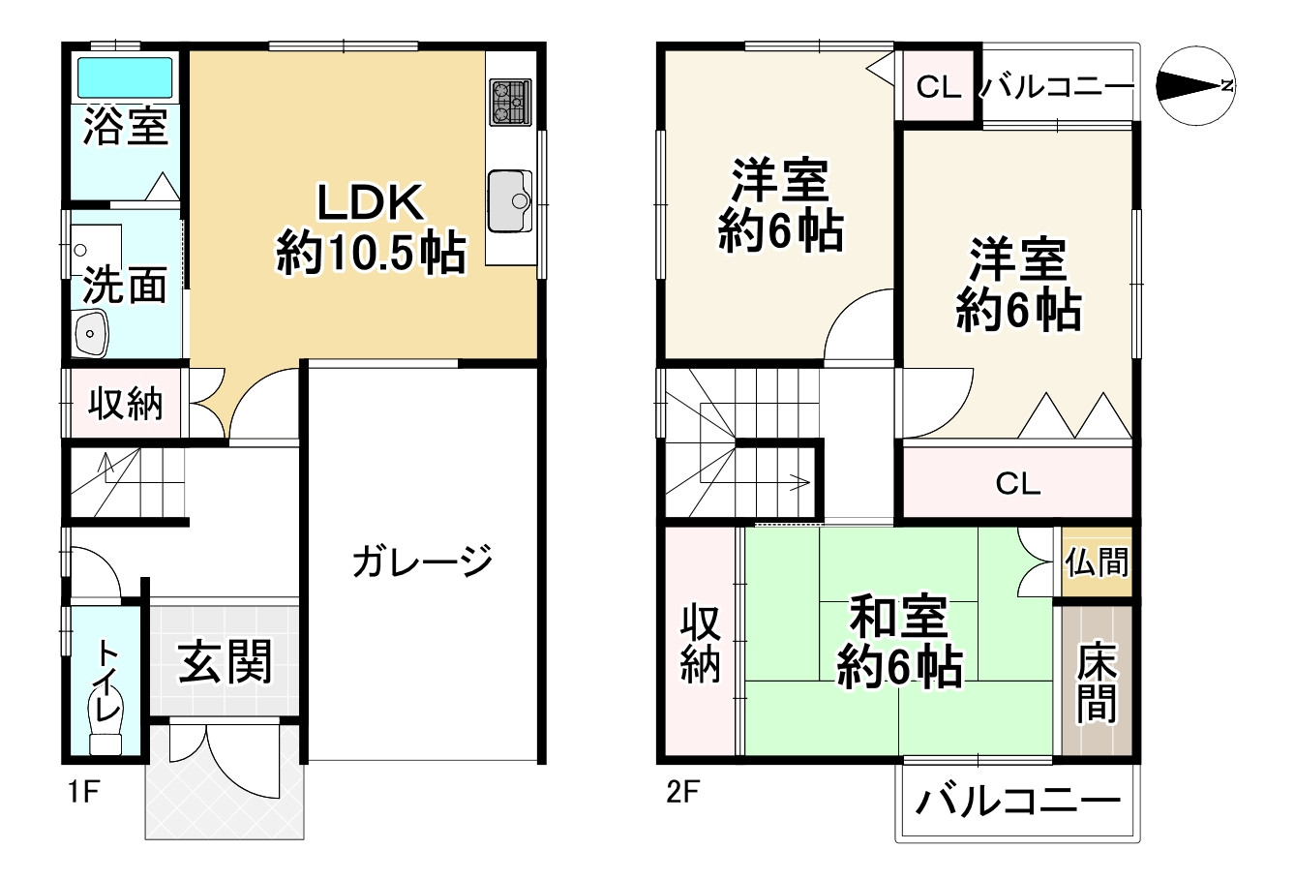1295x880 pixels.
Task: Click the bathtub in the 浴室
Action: (x=124, y=76)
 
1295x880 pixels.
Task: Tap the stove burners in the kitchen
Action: (x=509, y=101)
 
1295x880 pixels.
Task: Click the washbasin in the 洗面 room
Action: (x=92, y=333)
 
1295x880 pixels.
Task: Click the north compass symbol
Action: (x=1196, y=85)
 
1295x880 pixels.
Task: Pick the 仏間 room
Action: (x=1097, y=561)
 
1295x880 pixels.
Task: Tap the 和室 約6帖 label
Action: (x=899, y=642)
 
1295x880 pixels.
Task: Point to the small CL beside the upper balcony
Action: (x=938, y=87)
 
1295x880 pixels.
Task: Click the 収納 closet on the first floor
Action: (x=126, y=403)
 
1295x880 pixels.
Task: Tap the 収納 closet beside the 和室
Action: (x=701, y=642)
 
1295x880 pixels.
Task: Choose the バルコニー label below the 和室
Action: (x=1017, y=802)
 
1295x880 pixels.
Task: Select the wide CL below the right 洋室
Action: (x=1017, y=482)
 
